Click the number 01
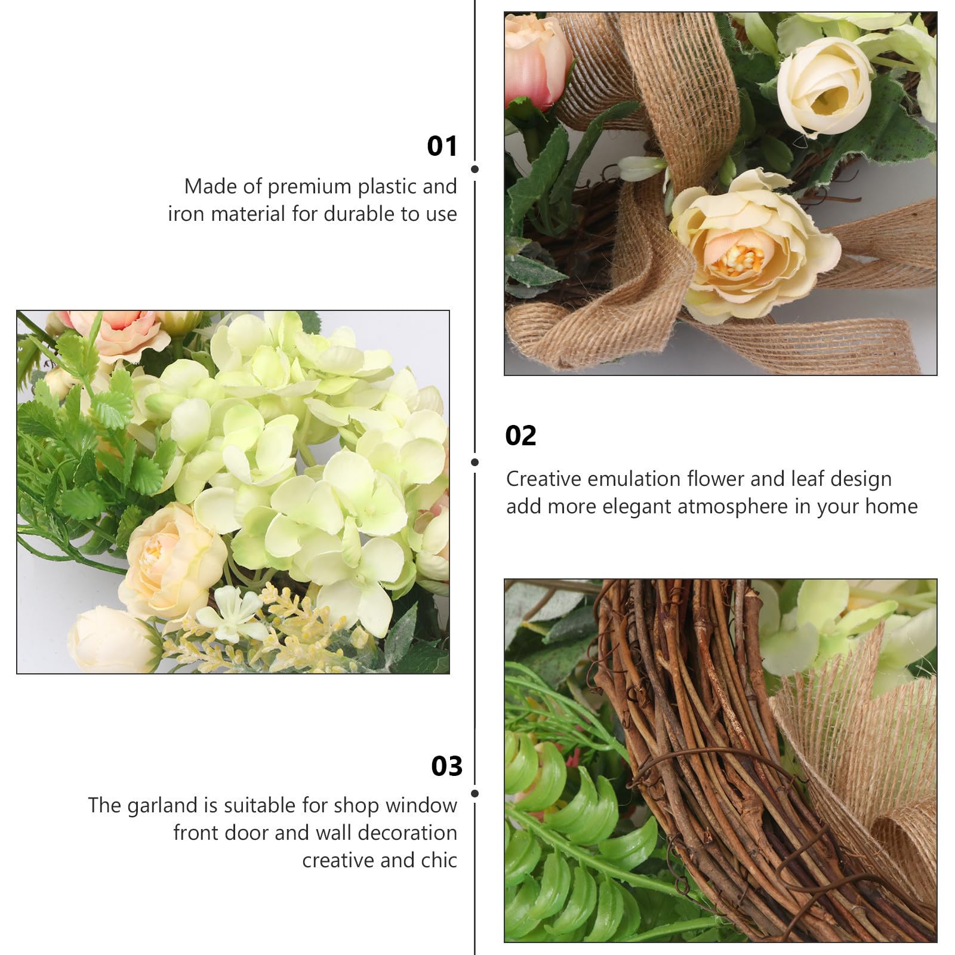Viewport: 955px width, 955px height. [442, 146]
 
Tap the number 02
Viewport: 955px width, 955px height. [520, 436]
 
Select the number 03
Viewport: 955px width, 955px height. [447, 766]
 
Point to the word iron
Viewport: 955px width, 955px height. [186, 214]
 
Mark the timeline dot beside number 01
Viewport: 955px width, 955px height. [475, 170]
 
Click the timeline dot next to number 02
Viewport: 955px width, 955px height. [475, 463]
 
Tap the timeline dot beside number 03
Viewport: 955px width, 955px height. [475, 793]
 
